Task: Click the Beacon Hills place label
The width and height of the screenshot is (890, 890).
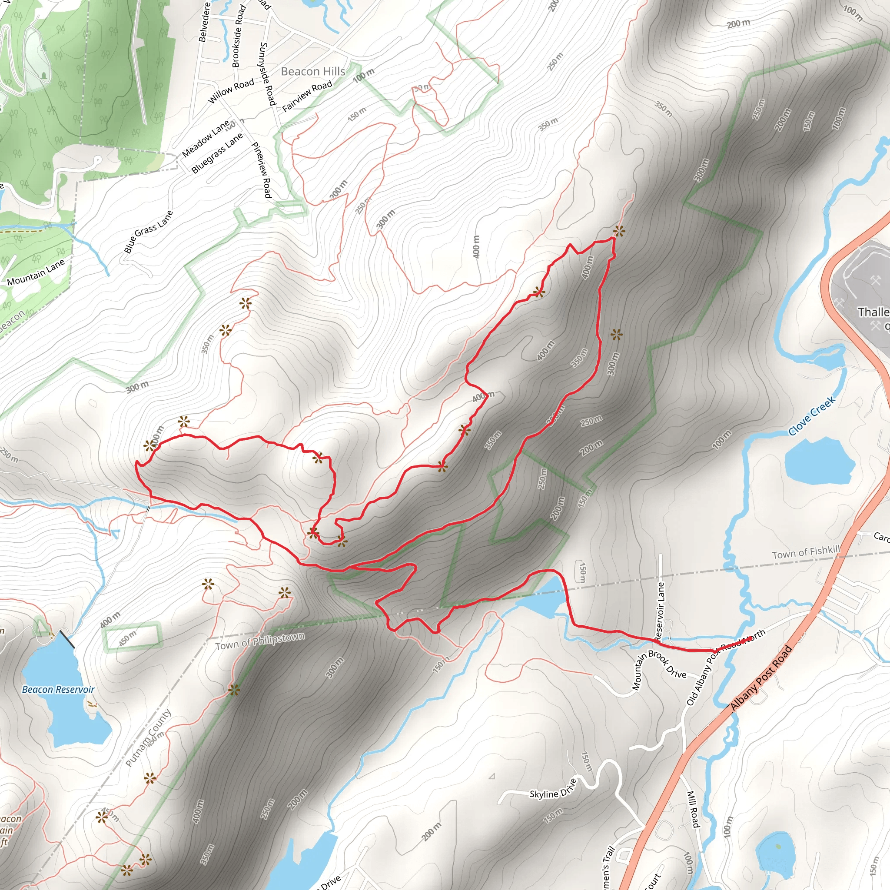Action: pyautogui.click(x=313, y=71)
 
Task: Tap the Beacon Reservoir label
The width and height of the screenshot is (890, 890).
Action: pyautogui.click(x=58, y=689)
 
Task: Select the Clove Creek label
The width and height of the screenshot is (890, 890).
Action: pyautogui.click(x=812, y=416)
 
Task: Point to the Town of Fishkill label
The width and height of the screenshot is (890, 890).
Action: pyautogui.click(x=806, y=552)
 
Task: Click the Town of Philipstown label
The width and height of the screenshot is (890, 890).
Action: pyautogui.click(x=260, y=641)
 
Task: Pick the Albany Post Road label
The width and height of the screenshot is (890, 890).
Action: pyautogui.click(x=761, y=677)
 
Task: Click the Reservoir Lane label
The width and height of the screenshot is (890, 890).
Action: pyautogui.click(x=660, y=611)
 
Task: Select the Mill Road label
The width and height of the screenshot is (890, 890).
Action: pyautogui.click(x=693, y=809)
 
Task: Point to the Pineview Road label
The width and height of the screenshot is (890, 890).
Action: pyautogui.click(x=261, y=170)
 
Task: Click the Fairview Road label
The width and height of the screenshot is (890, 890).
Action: pyautogui.click(x=307, y=96)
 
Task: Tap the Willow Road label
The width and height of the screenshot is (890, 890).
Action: pyautogui.click(x=231, y=90)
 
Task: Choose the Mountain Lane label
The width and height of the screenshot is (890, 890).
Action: pyautogui.click(x=36, y=272)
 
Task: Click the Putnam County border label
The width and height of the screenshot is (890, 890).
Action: pyautogui.click(x=148, y=738)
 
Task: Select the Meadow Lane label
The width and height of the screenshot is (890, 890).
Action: pyautogui.click(x=206, y=139)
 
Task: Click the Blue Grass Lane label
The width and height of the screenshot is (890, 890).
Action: pyautogui.click(x=148, y=232)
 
